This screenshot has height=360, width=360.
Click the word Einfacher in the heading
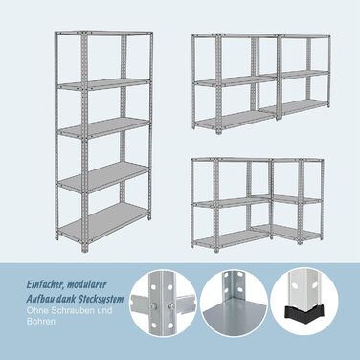[x=43, y=284]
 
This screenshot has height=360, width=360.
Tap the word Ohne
[x=35, y=310]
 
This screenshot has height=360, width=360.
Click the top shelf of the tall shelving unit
[x=103, y=33]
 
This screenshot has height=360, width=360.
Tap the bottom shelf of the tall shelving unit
[x=103, y=223]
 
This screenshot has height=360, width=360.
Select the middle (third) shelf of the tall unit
[x=103, y=127]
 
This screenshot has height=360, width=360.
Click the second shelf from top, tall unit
[x=103, y=84]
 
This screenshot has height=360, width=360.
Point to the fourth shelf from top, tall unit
[x=103, y=175]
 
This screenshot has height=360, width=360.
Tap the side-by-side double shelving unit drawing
[x=261, y=83]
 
